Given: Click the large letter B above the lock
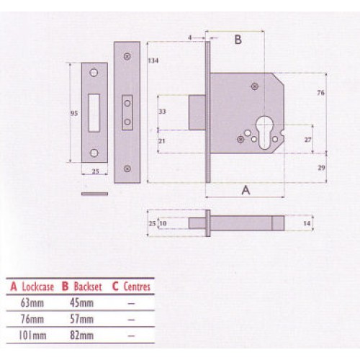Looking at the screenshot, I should coord(238,40).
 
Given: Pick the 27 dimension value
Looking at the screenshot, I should coord(307,139).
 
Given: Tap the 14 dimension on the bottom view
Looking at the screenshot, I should coord(308,225).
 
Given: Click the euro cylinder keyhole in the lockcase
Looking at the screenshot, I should coord(264,135).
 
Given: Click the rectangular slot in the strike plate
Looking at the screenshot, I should coord(95,112).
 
